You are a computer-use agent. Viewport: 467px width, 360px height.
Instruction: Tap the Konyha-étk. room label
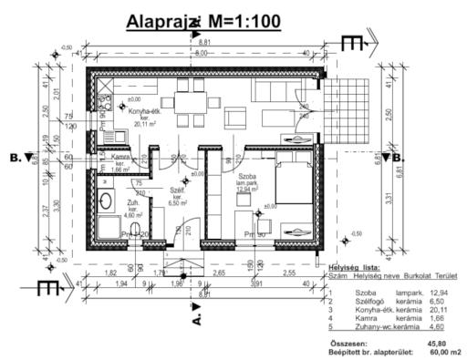144,113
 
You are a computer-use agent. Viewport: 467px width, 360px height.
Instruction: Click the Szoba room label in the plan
247,179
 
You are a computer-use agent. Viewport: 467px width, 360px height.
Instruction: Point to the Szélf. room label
179,194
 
